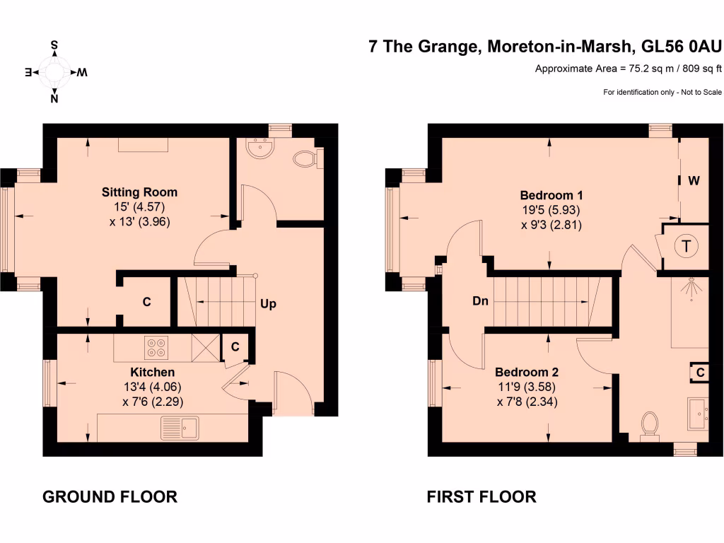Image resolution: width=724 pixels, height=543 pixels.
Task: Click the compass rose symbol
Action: pos(54,72)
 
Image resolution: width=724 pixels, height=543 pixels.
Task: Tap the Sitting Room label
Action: pos(139,192)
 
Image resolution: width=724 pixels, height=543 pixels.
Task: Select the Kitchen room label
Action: pos(152,372)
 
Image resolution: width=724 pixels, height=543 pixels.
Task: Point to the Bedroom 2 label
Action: pos(527,372)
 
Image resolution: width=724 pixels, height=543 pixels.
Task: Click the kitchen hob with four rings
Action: pos(156,346)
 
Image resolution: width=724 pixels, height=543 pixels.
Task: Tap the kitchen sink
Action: pos(181,426)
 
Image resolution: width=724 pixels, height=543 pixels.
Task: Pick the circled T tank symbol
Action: pos(686,247)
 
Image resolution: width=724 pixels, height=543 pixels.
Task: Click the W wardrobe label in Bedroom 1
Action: pos(694,180)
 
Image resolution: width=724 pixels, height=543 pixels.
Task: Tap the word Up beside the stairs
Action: pos(268,304)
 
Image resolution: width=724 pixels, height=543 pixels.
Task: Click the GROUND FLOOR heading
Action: pos(110,497)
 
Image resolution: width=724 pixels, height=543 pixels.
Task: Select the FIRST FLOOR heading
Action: pos(481,497)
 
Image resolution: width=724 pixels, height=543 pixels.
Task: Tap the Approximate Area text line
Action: pos(628,69)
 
